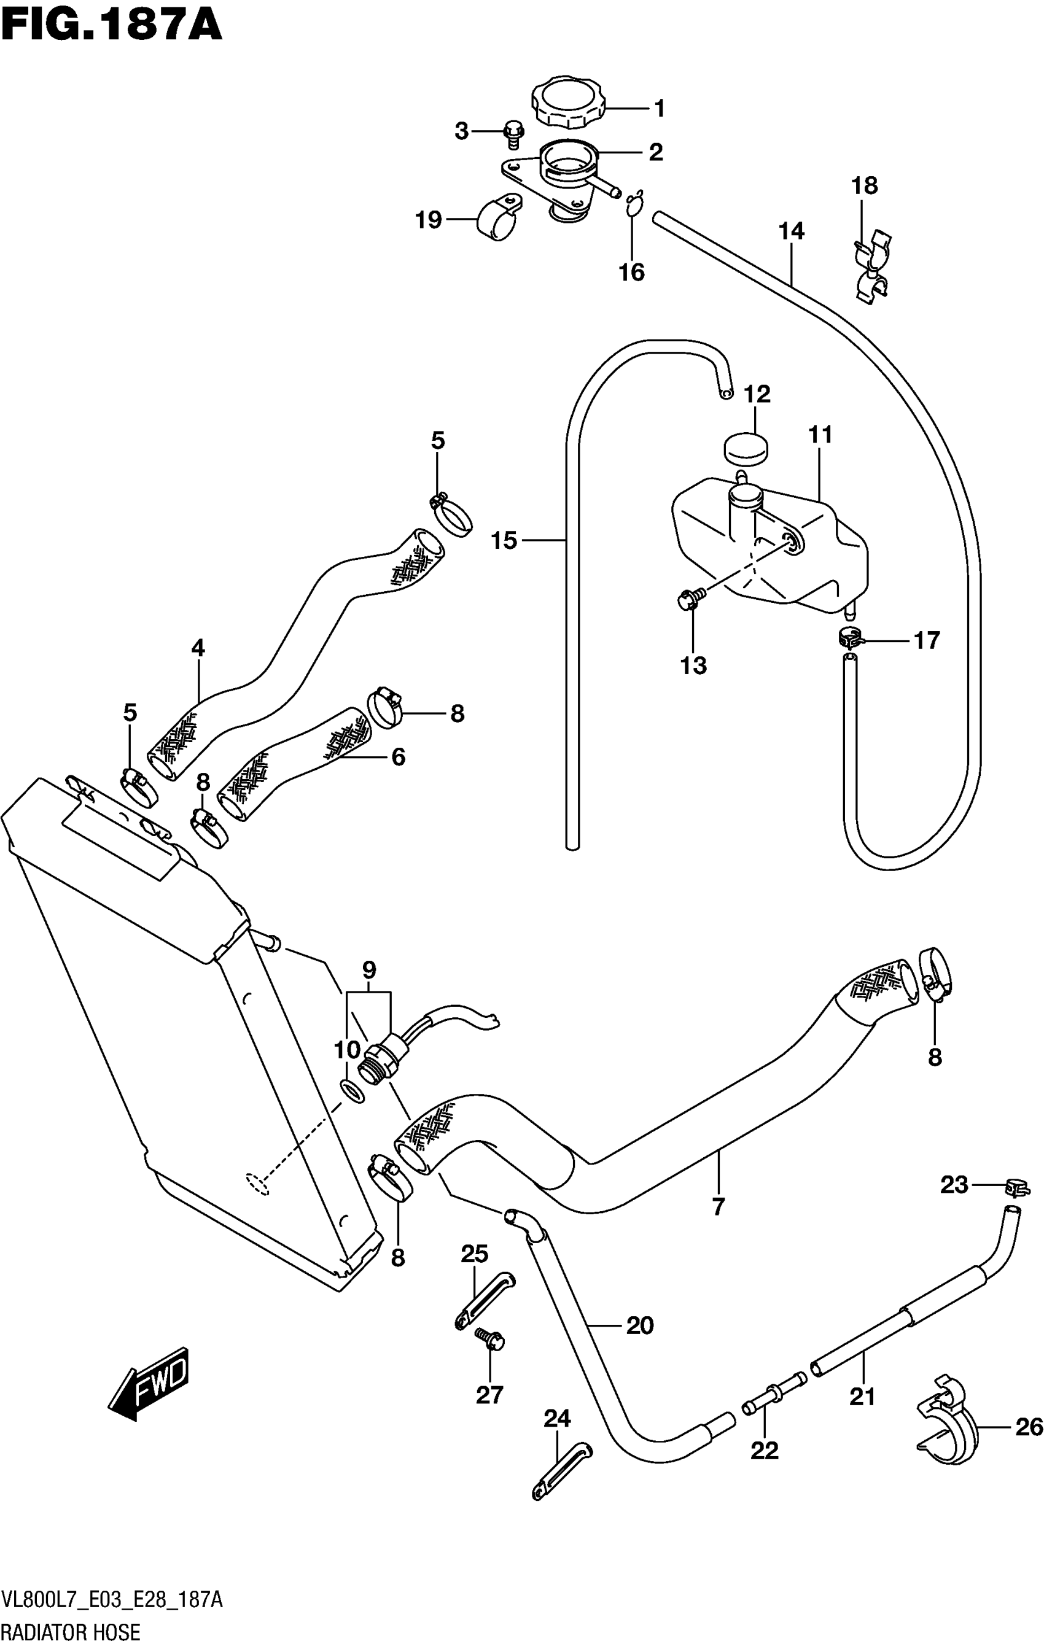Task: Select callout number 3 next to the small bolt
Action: (x=461, y=130)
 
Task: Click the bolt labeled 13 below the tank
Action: (x=688, y=598)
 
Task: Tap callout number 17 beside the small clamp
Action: (x=926, y=641)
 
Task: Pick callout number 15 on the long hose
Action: (x=504, y=541)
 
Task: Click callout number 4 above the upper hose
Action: (x=198, y=647)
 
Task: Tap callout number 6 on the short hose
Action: (x=398, y=757)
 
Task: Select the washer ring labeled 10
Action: (x=352, y=1090)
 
